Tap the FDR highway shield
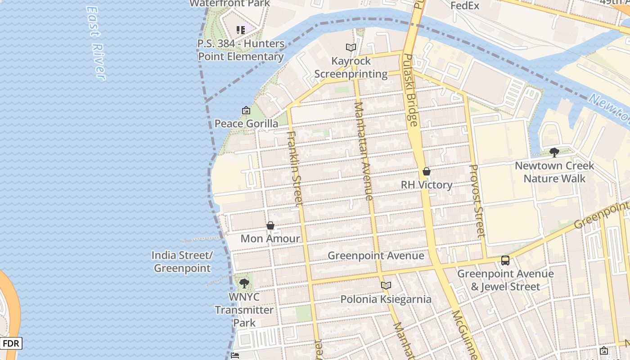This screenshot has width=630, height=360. pyautogui.click(x=11, y=344)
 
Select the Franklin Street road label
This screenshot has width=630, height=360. pyautogui.click(x=295, y=169)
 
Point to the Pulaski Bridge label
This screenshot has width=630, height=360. pyautogui.click(x=410, y=90)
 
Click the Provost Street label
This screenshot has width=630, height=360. pyautogui.click(x=477, y=201)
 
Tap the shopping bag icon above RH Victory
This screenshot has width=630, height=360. pyautogui.click(x=427, y=171)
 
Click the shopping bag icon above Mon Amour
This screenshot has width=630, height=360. pyautogui.click(x=270, y=225)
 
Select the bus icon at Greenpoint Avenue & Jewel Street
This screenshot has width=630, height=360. pyautogui.click(x=505, y=260)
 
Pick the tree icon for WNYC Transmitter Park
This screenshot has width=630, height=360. pyautogui.click(x=244, y=283)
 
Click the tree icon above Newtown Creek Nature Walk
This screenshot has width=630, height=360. pyautogui.click(x=554, y=153)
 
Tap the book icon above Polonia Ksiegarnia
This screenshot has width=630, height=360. pyautogui.click(x=386, y=285)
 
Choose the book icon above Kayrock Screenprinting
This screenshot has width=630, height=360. pyautogui.click(x=351, y=47)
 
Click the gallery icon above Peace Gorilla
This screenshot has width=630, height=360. pyautogui.click(x=246, y=110)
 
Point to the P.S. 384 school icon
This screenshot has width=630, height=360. pyautogui.click(x=241, y=30)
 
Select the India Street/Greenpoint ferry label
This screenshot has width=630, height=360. pyautogui.click(x=182, y=262)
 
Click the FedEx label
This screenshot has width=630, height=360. pyautogui.click(x=465, y=6)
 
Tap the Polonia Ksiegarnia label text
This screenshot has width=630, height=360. pyautogui.click(x=386, y=299)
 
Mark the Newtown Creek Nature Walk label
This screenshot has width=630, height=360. pyautogui.click(x=554, y=172)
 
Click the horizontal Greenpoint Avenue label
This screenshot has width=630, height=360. pyautogui.click(x=376, y=256)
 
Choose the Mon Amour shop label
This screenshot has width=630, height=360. pyautogui.click(x=270, y=238)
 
